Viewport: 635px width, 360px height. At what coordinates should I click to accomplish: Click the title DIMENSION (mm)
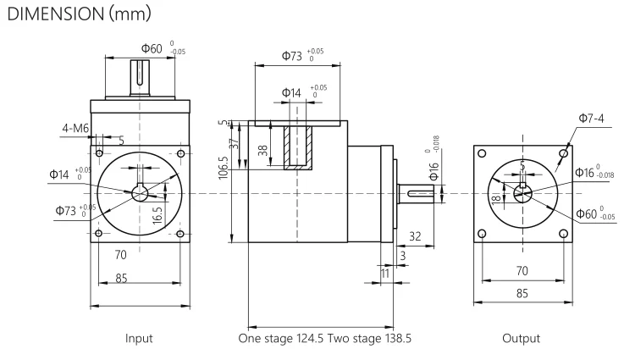point(81,15)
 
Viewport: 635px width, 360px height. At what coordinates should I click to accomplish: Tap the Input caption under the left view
point(139,338)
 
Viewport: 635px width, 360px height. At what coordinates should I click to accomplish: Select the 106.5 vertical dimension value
point(223,167)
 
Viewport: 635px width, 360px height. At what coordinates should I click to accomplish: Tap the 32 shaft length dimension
point(416,236)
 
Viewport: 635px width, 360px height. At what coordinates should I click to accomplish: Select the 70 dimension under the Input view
point(121,254)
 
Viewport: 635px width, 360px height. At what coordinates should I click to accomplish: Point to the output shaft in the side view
point(420,194)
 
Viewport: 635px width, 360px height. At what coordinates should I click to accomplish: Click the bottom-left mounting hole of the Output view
point(483,232)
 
